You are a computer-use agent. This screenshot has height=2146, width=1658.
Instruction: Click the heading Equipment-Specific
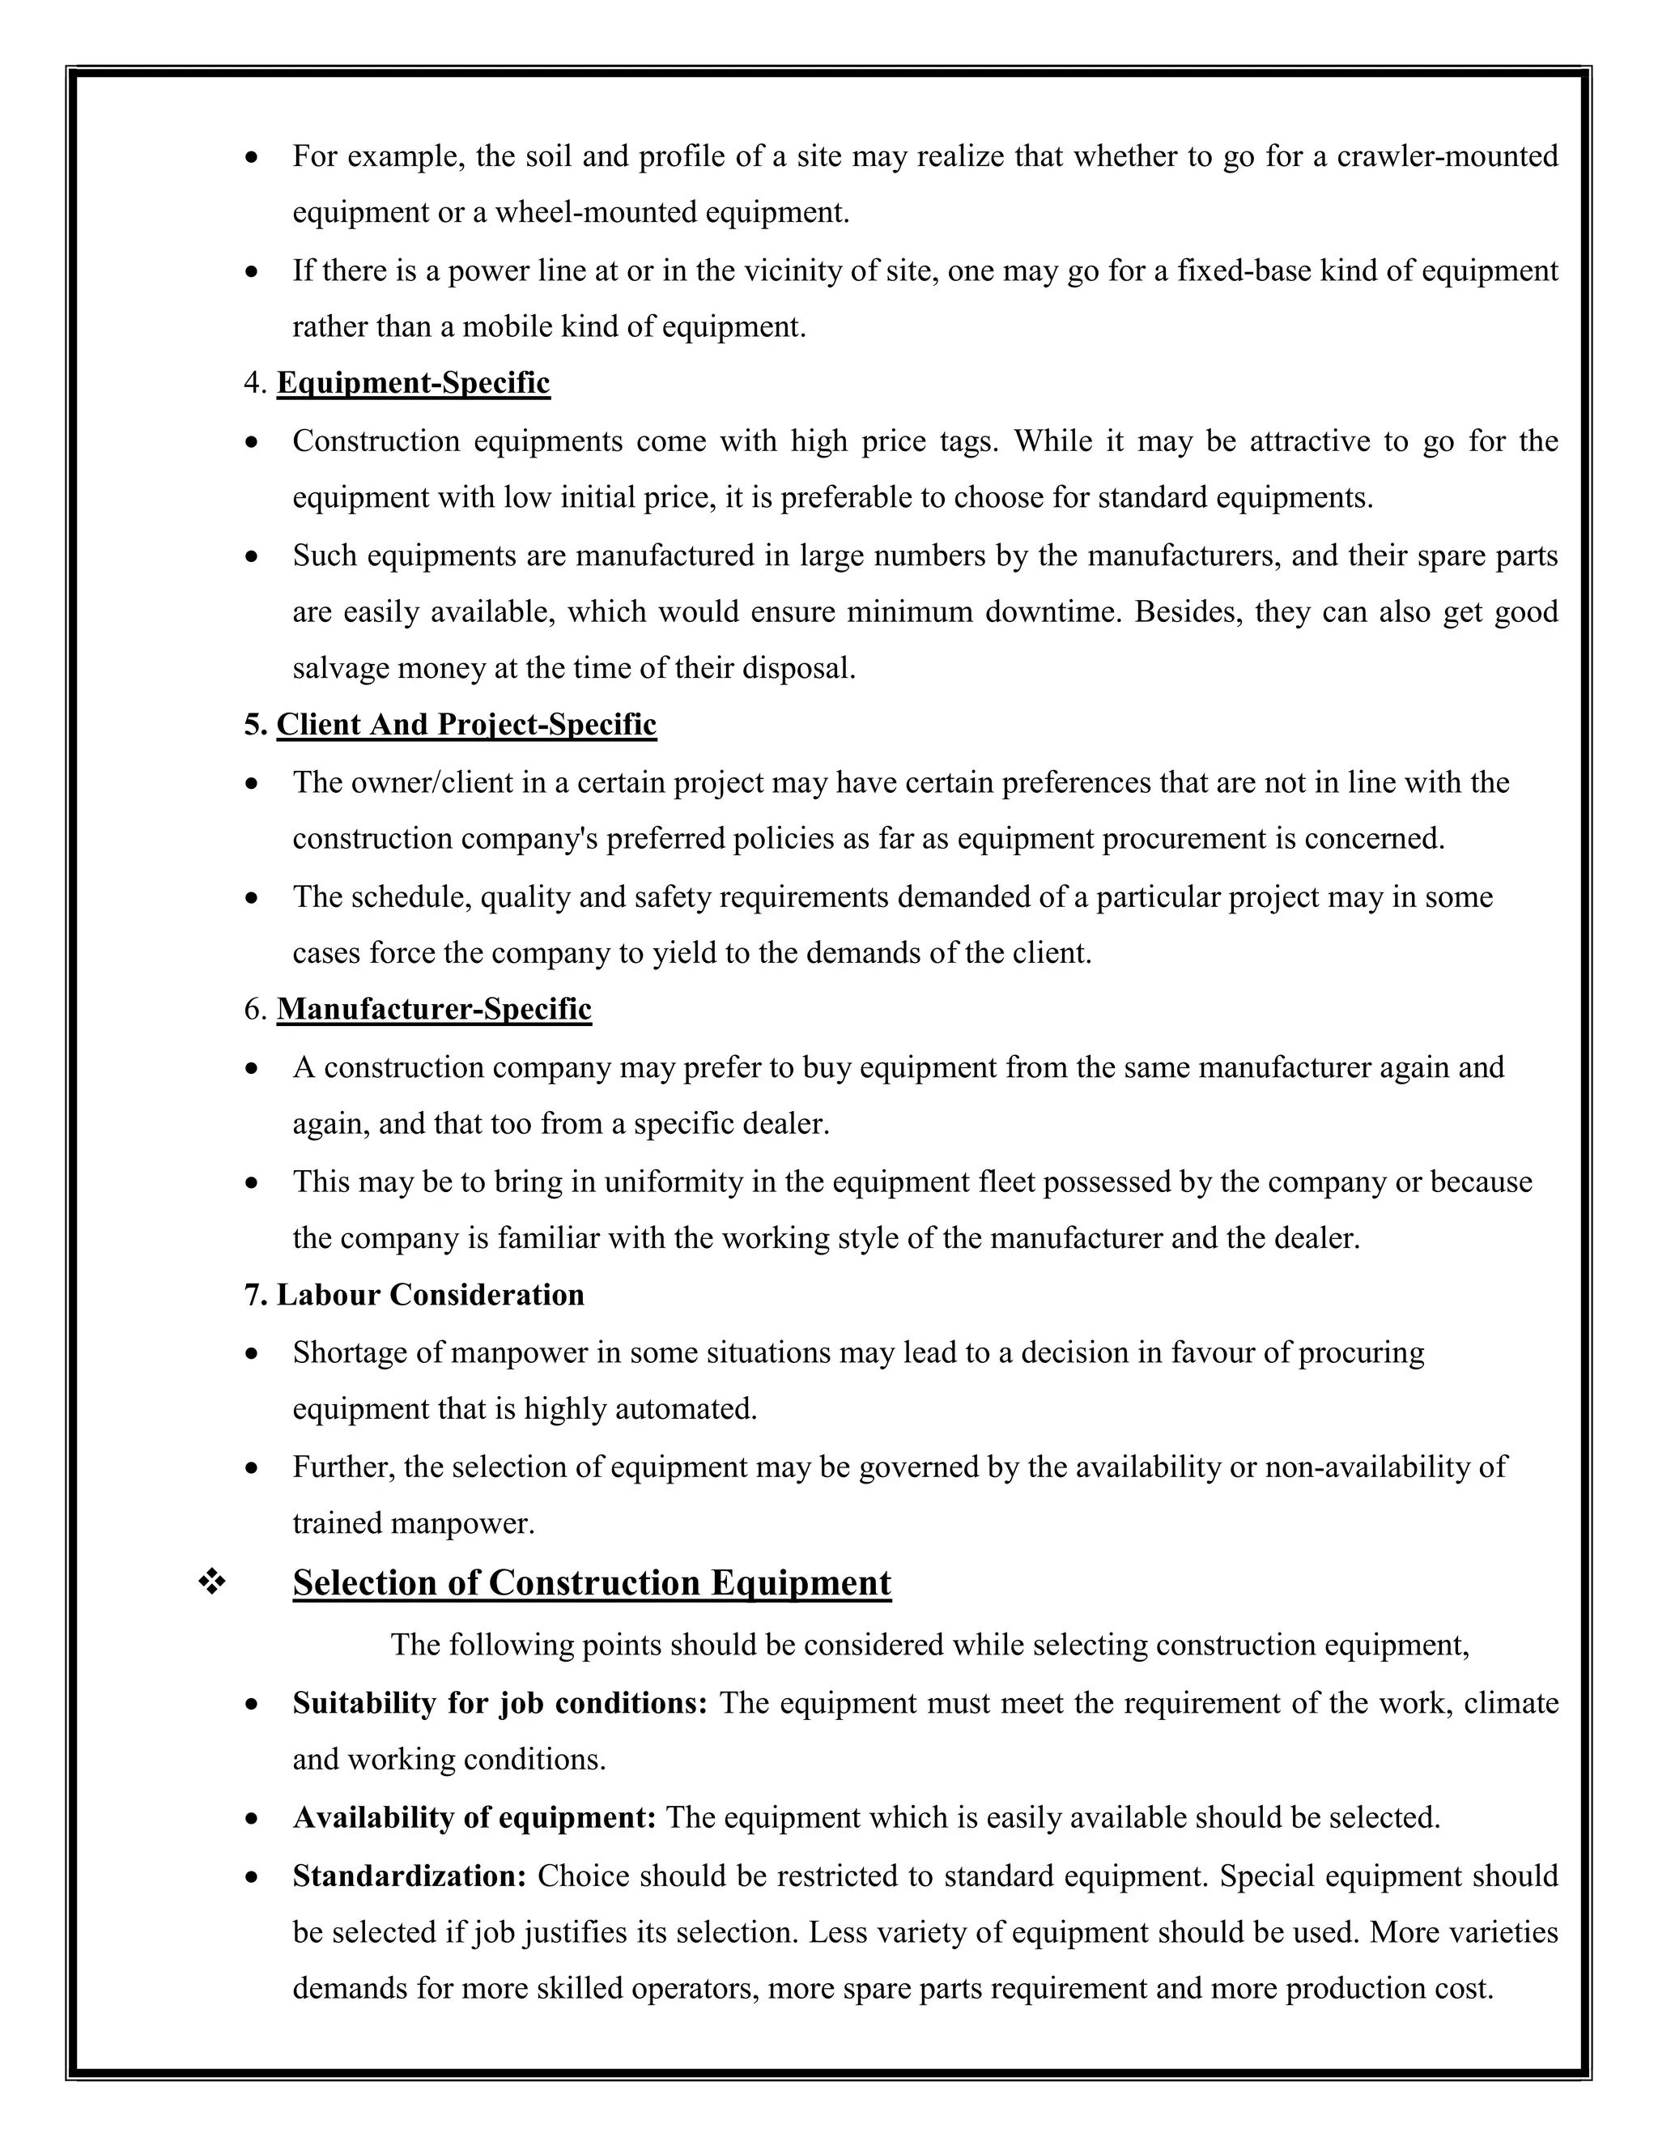[413, 383]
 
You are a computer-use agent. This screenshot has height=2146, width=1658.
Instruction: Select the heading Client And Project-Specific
[466, 725]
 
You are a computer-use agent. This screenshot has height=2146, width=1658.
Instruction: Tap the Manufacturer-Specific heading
[433, 1010]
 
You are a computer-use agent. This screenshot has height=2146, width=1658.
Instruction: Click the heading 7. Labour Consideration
[414, 1295]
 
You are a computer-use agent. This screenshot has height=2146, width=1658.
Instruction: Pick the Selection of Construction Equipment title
[591, 1583]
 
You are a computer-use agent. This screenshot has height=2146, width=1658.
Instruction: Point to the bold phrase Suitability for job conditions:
[499, 1703]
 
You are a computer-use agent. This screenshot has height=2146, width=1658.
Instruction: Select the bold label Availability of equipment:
[474, 1818]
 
